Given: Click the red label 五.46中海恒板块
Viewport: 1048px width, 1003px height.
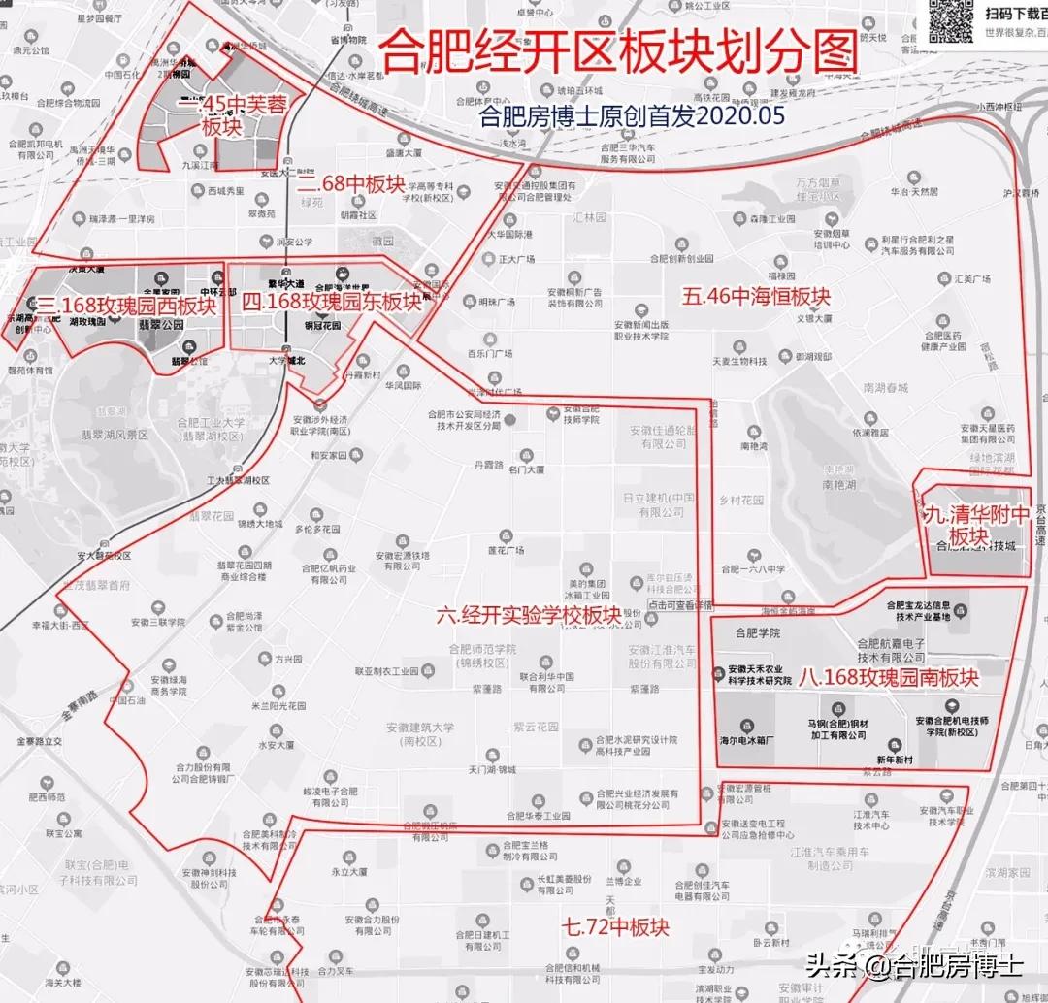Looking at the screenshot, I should (756, 296).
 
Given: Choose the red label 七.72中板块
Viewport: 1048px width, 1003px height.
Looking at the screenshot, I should (615, 926).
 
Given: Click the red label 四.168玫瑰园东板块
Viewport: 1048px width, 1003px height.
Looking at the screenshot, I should (331, 302).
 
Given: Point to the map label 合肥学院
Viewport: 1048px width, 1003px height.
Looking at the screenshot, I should (758, 633).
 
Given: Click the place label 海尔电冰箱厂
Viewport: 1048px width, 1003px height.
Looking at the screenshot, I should (748, 740).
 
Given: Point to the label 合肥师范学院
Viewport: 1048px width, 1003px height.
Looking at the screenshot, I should (482, 649).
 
